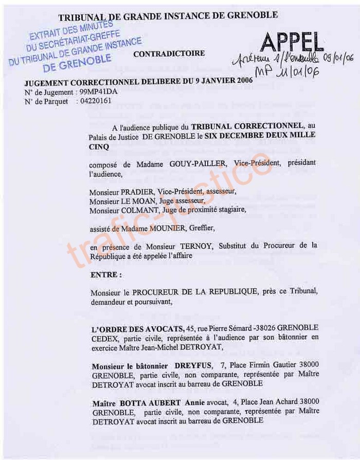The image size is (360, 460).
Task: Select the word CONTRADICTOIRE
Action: click(x=169, y=54)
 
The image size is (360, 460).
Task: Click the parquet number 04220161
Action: click(x=95, y=101)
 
